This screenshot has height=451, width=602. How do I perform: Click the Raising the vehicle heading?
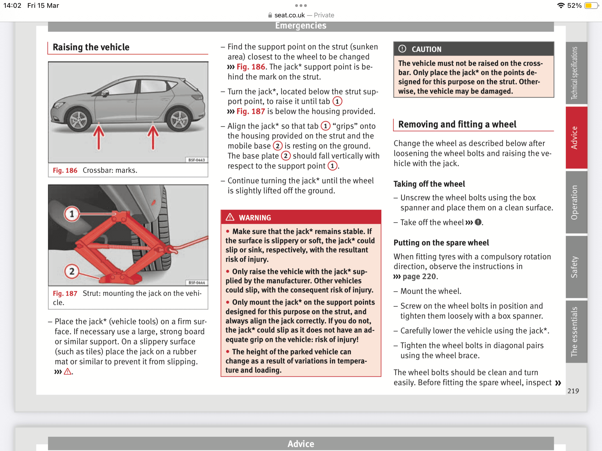coord(91,47)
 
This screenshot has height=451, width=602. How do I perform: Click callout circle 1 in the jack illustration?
coord(72,214)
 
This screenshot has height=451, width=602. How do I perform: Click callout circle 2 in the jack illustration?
coord(72,271)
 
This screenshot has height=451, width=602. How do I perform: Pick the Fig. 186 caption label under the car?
coord(65,170)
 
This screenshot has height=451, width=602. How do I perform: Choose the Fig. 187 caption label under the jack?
coord(65,293)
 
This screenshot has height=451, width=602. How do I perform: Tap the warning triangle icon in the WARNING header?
coord(230,217)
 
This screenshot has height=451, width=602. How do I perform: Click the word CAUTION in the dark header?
coord(426,49)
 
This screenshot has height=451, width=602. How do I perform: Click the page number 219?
coord(573,391)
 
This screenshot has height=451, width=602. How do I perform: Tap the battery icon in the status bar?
coord(591,6)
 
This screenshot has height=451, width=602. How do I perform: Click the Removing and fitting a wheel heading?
coord(457,124)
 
